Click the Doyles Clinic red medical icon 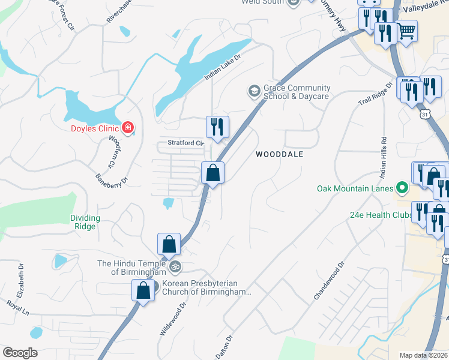click(x=127, y=127)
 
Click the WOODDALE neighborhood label click(x=279, y=154)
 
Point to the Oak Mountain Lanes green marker click(x=402, y=189)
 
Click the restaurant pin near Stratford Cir click(x=217, y=127)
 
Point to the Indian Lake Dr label click(x=222, y=67)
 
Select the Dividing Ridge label click(x=85, y=222)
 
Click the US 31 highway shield click(x=424, y=113)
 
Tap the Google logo click(x=20, y=353)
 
